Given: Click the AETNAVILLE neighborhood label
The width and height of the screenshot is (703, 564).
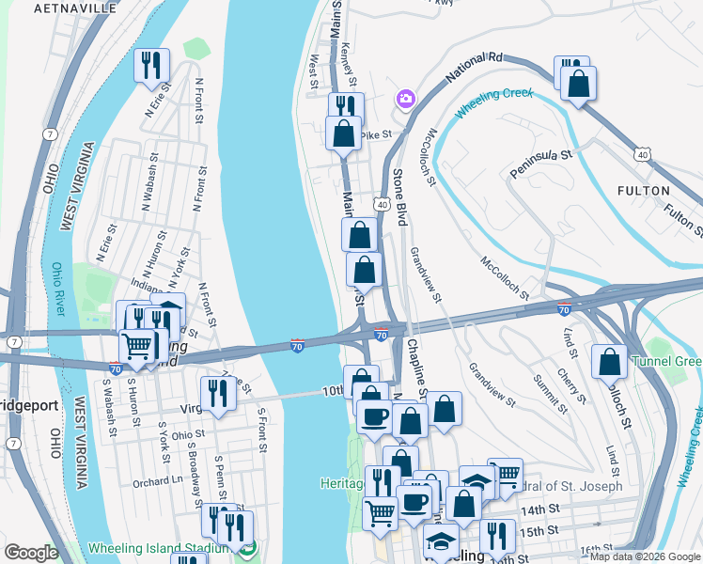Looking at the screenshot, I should coord(75,8).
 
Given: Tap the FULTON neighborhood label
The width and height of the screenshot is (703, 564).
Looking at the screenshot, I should coord(644,191).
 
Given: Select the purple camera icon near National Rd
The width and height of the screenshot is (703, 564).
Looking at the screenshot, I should coord(406,98).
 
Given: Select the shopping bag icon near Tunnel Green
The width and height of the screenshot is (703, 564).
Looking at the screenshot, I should coord(610,362).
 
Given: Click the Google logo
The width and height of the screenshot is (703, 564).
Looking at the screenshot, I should coord(31,553).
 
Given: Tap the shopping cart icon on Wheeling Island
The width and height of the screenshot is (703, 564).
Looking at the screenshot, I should coord(137,347).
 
